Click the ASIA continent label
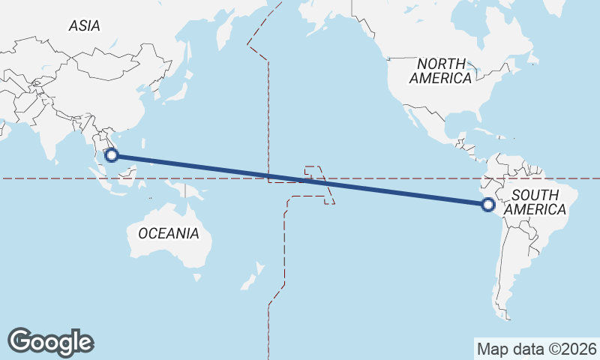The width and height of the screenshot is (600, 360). click(84, 25)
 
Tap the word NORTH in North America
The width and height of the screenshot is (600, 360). click(441, 64)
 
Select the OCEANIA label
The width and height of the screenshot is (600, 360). click(169, 233)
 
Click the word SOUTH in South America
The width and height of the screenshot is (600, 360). click(534, 196)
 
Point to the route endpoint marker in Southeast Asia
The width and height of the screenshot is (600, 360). click(112, 155)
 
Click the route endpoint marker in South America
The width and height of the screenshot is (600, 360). click(487, 204)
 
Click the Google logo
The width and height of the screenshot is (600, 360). click(50, 341)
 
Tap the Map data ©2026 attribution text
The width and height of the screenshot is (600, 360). click(537, 349)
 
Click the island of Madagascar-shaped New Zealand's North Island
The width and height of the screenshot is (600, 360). click(259, 268)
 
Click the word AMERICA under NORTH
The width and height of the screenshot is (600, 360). click(441, 78)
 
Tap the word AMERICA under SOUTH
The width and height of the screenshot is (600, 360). click(534, 210)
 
